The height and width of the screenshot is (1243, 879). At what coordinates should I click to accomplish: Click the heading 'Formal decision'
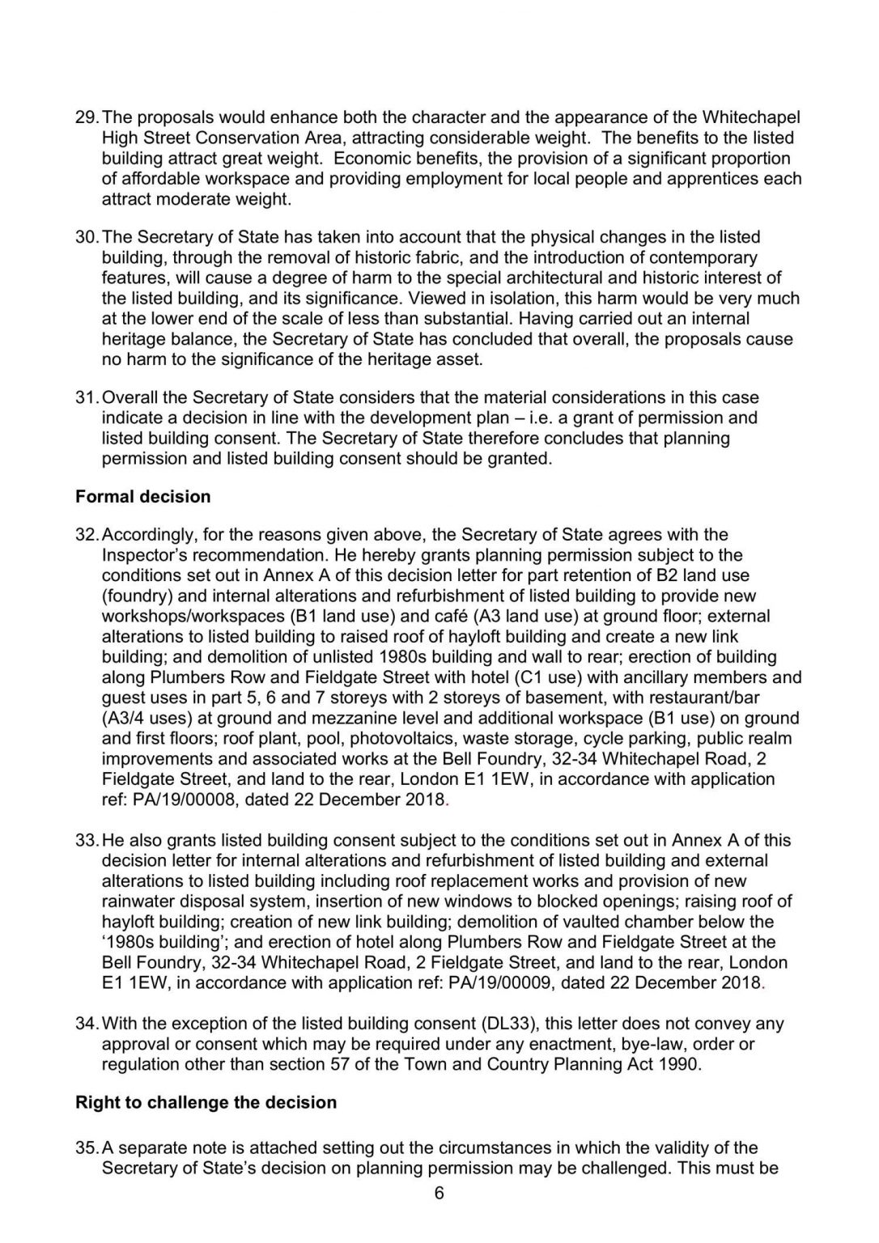point(142,497)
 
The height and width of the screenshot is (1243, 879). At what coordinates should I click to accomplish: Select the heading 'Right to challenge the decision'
point(206,1102)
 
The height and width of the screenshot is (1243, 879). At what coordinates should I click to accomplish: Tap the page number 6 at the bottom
point(439,1193)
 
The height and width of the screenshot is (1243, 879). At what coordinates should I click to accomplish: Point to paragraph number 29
point(86,117)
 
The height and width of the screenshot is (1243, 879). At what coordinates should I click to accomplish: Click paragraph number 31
point(86,398)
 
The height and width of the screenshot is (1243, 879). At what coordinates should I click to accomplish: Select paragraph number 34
point(86,1024)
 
